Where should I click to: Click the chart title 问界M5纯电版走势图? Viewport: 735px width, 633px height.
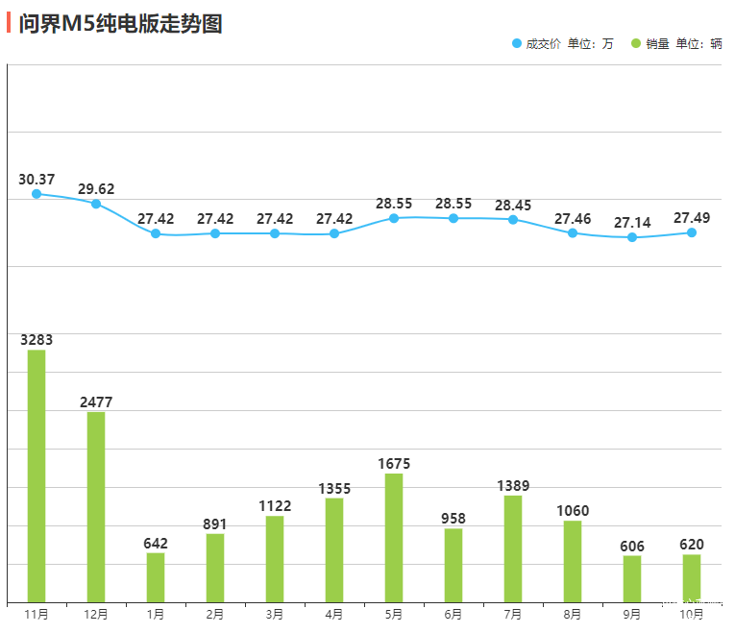(x=120, y=24)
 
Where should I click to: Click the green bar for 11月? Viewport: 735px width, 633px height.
(x=37, y=475)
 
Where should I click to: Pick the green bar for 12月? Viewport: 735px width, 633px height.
(x=96, y=506)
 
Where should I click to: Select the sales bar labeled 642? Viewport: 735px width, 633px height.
(x=156, y=577)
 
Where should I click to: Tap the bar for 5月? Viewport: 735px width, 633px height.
(x=394, y=537)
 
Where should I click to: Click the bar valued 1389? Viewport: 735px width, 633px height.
(x=513, y=548)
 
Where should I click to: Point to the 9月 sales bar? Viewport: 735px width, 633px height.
(x=632, y=578)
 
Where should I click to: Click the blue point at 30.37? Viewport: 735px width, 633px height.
(x=37, y=194)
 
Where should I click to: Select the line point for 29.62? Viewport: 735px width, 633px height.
(x=96, y=204)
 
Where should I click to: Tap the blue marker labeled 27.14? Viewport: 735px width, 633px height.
(x=632, y=237)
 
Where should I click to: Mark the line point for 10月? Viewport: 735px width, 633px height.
(x=692, y=232)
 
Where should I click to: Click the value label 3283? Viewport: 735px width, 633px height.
(x=37, y=339)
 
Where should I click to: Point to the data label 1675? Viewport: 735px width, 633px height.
(x=394, y=463)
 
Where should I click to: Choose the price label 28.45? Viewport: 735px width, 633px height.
(x=513, y=206)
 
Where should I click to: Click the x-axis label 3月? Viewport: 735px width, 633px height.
(x=275, y=614)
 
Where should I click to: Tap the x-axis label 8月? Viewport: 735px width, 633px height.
(x=573, y=614)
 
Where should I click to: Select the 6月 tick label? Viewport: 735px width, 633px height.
(x=453, y=614)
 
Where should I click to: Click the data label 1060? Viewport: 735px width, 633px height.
(x=573, y=510)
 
